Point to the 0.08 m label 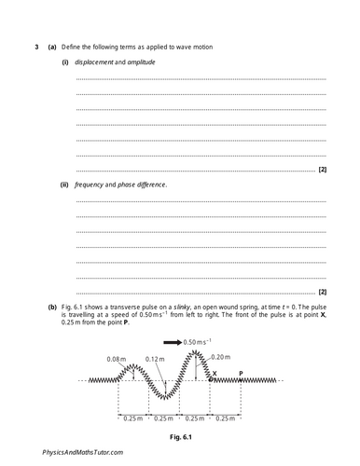[x=117, y=359]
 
